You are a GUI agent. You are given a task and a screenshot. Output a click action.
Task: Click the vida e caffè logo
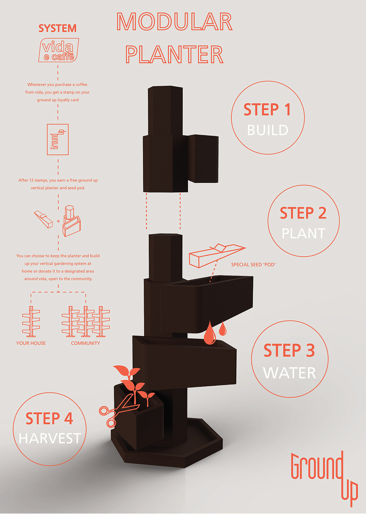click(59, 50)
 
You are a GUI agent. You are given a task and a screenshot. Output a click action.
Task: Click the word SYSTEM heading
click(58, 28)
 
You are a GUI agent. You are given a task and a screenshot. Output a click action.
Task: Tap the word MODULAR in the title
click(174, 21)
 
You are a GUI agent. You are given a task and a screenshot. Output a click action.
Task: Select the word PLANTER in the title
click(174, 54)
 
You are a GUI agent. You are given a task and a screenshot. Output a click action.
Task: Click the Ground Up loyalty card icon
click(58, 139)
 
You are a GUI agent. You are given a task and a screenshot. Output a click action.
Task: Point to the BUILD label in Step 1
click(268, 130)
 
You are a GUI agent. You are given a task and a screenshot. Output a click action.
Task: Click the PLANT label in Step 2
click(304, 233)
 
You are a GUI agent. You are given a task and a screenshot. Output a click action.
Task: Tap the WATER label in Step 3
click(289, 373)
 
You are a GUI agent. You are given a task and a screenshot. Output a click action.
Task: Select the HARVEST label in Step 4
click(50, 438)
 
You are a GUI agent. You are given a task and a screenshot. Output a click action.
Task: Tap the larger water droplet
click(210, 333)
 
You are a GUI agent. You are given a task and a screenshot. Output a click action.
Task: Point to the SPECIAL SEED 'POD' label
click(253, 265)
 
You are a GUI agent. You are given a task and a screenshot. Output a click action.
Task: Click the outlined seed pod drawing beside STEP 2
click(217, 255)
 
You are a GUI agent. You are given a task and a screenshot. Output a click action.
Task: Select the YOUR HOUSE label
click(31, 343)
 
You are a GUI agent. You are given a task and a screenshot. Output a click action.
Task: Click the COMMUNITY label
click(85, 343)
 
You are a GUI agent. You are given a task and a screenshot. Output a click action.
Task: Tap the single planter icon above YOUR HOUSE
click(31, 321)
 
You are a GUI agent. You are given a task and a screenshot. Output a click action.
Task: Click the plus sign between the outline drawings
click(58, 221)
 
